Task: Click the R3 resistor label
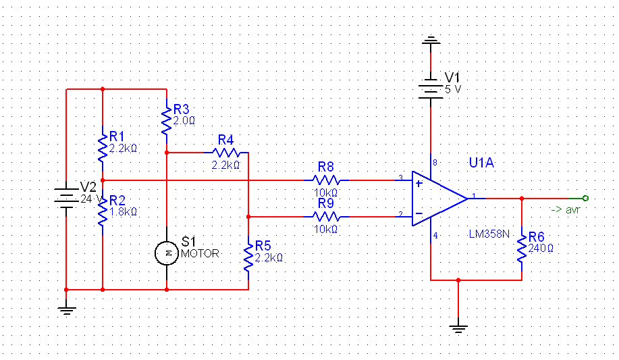click(x=181, y=109)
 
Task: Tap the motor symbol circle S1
click(x=167, y=253)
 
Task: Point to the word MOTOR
click(x=200, y=254)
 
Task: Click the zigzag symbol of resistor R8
click(x=326, y=180)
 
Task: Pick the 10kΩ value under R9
click(x=325, y=229)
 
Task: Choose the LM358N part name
click(x=489, y=234)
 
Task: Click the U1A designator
click(x=481, y=163)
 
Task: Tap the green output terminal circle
click(x=585, y=199)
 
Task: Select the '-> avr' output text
click(x=565, y=209)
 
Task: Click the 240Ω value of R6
click(x=541, y=249)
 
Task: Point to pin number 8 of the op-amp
click(x=435, y=162)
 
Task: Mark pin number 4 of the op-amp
click(x=435, y=236)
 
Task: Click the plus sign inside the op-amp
click(x=419, y=183)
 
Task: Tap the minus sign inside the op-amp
click(x=419, y=214)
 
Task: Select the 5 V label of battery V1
click(x=453, y=90)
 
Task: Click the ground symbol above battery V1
click(x=431, y=40)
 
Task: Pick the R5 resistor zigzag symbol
click(x=248, y=257)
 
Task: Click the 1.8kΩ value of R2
click(x=123, y=212)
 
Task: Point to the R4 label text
click(x=226, y=140)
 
